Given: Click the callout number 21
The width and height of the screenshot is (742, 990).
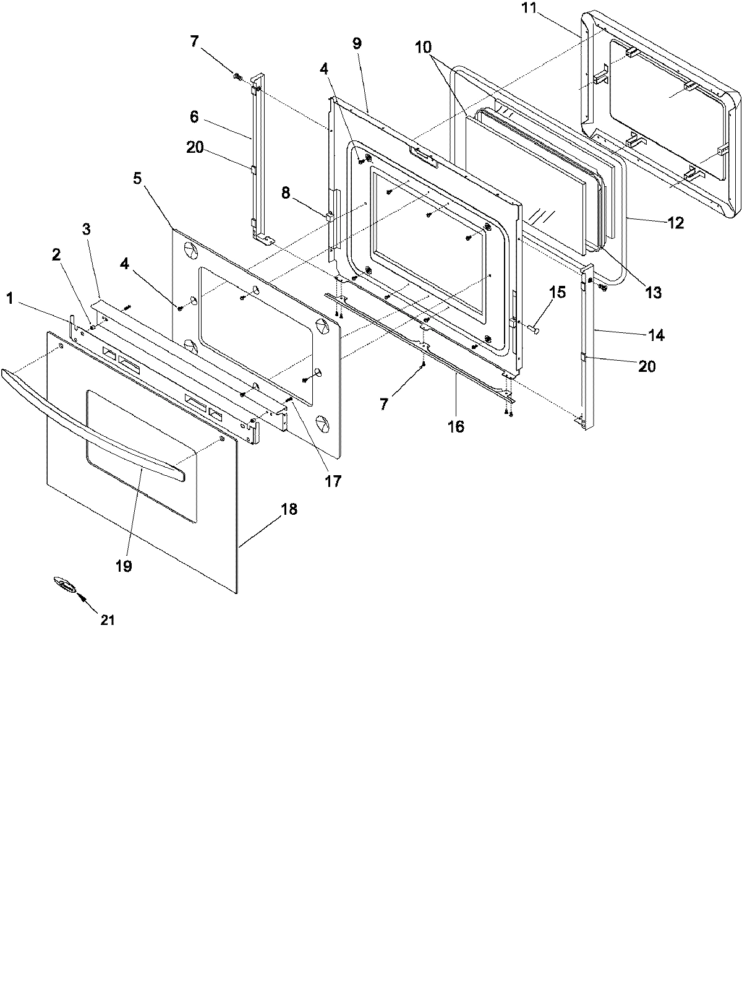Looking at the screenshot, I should [108, 619].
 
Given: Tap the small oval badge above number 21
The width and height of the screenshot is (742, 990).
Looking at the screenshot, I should [64, 583].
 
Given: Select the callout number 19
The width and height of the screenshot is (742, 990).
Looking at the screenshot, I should [123, 566].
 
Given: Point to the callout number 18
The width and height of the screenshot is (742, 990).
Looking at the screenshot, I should [289, 509].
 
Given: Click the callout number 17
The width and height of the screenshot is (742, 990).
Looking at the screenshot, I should [333, 481].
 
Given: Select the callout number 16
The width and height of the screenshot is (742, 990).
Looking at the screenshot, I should [456, 426].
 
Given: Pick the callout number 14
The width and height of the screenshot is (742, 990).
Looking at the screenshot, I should [656, 335].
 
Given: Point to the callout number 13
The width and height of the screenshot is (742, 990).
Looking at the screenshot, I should [653, 292].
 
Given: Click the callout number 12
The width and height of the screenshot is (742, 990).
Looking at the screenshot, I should [675, 223].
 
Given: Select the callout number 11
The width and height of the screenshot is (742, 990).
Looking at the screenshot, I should [529, 9].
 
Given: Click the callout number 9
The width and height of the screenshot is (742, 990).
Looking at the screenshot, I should [357, 43].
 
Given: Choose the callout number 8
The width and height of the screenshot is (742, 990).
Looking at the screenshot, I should [285, 192].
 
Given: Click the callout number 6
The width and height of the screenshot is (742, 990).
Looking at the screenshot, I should [194, 115].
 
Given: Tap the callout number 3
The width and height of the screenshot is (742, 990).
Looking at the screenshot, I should [86, 229].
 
